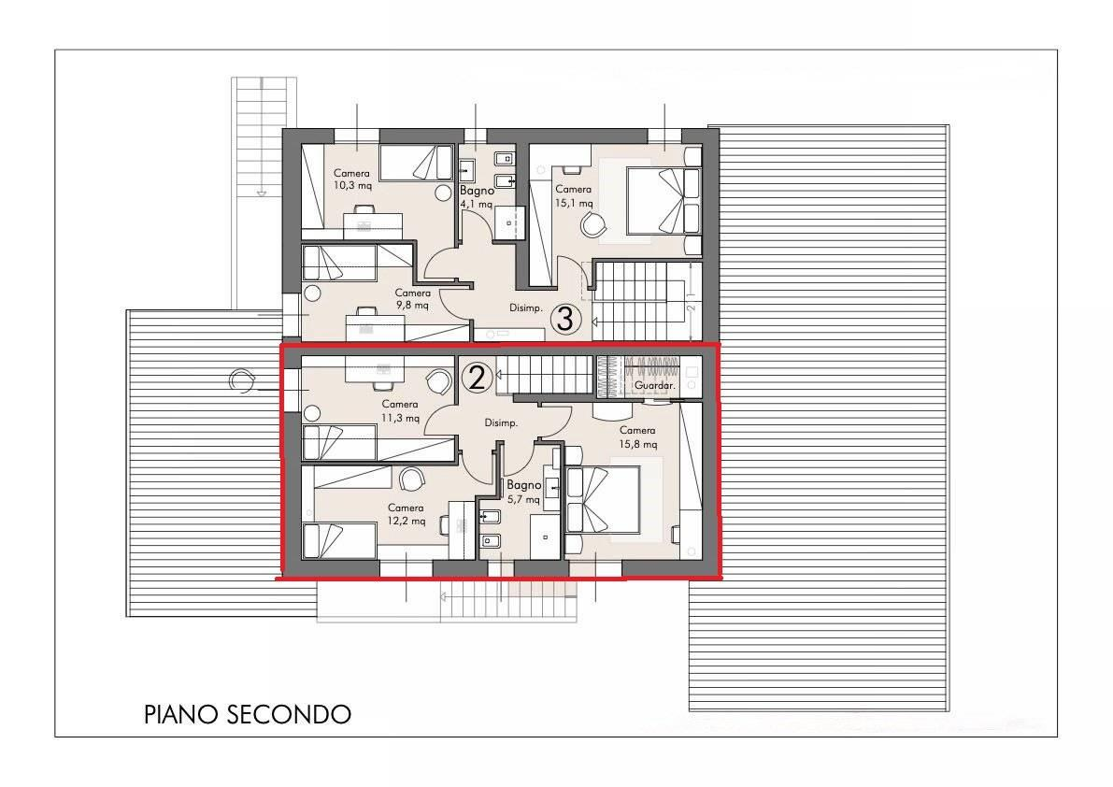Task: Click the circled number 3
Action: (564, 319)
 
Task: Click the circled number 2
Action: (477, 378)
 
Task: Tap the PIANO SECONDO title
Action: (248, 714)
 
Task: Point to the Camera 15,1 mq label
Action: (573, 195)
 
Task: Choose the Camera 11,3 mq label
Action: (400, 411)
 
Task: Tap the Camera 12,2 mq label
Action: (407, 514)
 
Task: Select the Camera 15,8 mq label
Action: (637, 436)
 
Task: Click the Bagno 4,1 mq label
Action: (477, 196)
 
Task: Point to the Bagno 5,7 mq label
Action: (523, 492)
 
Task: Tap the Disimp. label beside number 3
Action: (526, 308)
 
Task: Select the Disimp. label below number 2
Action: (501, 423)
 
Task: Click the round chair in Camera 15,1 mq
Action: (594, 224)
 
